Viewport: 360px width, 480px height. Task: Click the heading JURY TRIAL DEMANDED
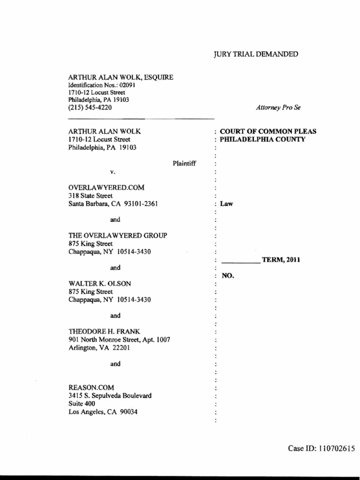pos(255,54)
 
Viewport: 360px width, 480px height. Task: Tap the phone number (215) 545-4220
pos(90,107)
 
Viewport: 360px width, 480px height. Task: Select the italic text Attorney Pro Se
pos(278,107)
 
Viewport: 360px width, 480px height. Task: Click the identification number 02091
pos(127,85)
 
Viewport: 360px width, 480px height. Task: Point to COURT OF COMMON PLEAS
pos(268,131)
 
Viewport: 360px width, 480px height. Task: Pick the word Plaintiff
pos(184,164)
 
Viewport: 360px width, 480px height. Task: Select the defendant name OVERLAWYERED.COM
pos(106,187)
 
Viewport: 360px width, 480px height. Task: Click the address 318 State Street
pos(90,195)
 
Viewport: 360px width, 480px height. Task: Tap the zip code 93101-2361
pos(135,204)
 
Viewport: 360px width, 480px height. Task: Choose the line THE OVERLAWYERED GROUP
pos(118,235)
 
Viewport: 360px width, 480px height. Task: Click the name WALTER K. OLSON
pos(99,283)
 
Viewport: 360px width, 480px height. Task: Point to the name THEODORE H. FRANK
pos(104,331)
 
